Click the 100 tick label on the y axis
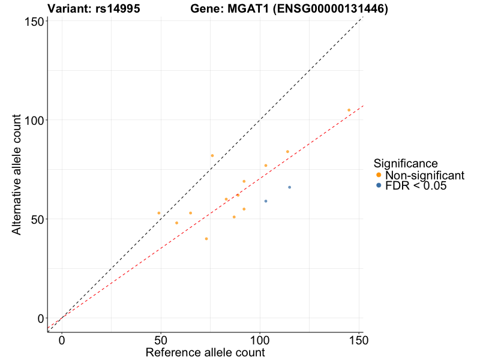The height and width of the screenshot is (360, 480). coord(35,120)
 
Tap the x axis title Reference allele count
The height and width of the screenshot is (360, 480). coord(205,352)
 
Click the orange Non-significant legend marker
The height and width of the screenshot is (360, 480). coord(379,175)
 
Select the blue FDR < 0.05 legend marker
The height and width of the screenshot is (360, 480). coord(379,186)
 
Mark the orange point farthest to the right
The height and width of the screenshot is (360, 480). coord(349,110)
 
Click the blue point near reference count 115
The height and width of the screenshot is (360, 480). coord(289,187)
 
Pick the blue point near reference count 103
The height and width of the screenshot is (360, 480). coord(266,201)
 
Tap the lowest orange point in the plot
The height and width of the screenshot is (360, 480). coord(206,239)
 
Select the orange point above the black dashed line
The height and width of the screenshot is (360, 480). coord(212,155)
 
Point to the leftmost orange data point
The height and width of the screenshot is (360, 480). coord(159,213)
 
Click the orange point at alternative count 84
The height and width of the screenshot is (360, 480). coord(287,152)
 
